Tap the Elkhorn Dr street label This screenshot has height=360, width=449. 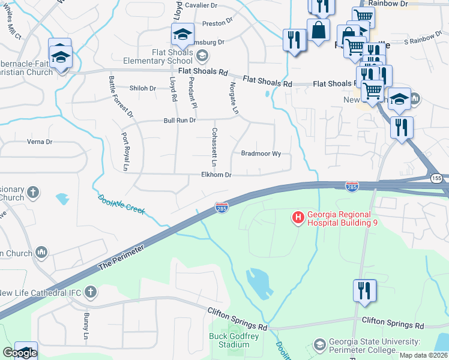point(217,175)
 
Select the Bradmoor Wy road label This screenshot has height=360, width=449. point(261,154)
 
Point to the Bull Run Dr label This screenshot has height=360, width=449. point(180,121)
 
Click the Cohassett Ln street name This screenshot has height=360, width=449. point(214,147)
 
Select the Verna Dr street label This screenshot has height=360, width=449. point(38,142)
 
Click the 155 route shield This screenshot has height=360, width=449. point(436,179)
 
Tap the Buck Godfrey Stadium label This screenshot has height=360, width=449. point(229,341)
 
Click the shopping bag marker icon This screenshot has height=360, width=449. point(318,30)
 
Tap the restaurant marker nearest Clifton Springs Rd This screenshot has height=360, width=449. point(364,291)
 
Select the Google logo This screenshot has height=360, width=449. point(19,353)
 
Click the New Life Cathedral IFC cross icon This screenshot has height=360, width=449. point(90,292)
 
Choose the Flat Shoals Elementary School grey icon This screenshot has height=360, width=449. point(202,56)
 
